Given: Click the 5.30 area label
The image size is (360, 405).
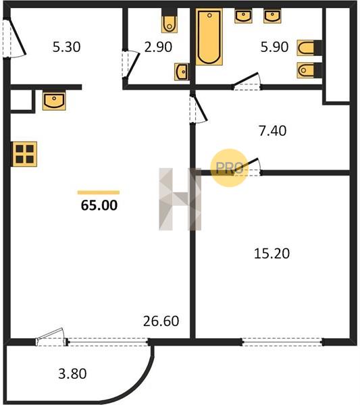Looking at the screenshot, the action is [x=66, y=47].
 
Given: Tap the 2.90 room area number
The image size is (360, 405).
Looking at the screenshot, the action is [x=158, y=47].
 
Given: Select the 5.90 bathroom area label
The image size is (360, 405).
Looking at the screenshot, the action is [x=274, y=47].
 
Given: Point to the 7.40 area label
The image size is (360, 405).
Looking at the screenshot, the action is [x=272, y=131].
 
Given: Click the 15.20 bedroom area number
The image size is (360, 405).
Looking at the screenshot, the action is [x=272, y=253].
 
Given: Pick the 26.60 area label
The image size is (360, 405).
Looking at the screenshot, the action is [x=161, y=321].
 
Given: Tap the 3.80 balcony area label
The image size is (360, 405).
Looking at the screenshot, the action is [x=72, y=374].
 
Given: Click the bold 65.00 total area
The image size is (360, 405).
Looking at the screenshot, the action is [x=99, y=205].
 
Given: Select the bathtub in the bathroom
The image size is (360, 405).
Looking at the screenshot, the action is [x=209, y=36].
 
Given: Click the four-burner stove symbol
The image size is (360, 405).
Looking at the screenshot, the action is [x=24, y=154].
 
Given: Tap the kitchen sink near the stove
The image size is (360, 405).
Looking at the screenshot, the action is [x=54, y=101].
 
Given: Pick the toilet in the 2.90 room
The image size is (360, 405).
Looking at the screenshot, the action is [x=170, y=21].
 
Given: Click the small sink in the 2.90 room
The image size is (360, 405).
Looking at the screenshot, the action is [x=182, y=72].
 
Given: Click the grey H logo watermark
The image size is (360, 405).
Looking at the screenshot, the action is [x=180, y=199].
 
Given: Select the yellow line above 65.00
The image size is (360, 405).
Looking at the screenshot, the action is [x=99, y=192].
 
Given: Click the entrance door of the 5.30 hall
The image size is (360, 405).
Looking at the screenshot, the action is [x=14, y=38].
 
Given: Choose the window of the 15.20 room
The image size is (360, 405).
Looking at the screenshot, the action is [x=282, y=342].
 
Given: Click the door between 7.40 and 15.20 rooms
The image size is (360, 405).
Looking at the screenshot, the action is [x=247, y=167].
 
